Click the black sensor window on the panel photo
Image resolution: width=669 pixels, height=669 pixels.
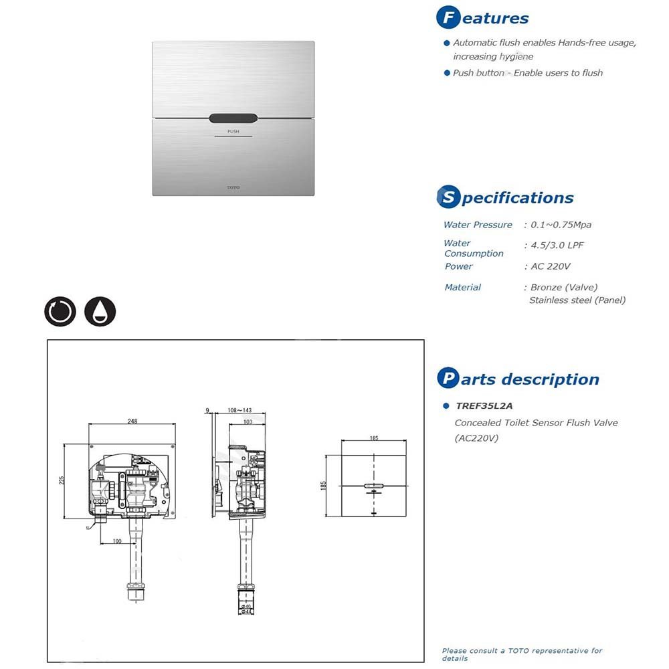tap(233, 118)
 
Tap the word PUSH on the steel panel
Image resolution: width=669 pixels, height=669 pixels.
tap(233, 132)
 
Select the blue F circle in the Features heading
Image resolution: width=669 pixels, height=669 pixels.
tap(448, 18)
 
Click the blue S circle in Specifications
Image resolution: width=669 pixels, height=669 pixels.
tap(448, 197)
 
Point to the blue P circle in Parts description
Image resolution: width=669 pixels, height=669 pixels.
tap(448, 379)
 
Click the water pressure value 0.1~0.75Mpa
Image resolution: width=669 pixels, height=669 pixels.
tap(561, 225)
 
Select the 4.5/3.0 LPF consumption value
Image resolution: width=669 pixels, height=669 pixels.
tap(557, 245)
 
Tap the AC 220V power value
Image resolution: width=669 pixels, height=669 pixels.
tap(550, 266)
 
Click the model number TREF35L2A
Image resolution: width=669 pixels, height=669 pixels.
tap(484, 405)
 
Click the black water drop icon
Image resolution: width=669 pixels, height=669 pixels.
tap(100, 311)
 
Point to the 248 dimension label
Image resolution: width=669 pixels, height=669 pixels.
tap(132, 421)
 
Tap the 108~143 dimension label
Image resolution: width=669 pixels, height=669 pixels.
tap(240, 409)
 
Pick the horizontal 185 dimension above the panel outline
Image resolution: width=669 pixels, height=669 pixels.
tap(373, 438)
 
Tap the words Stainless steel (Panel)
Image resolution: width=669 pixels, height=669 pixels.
tap(577, 300)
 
